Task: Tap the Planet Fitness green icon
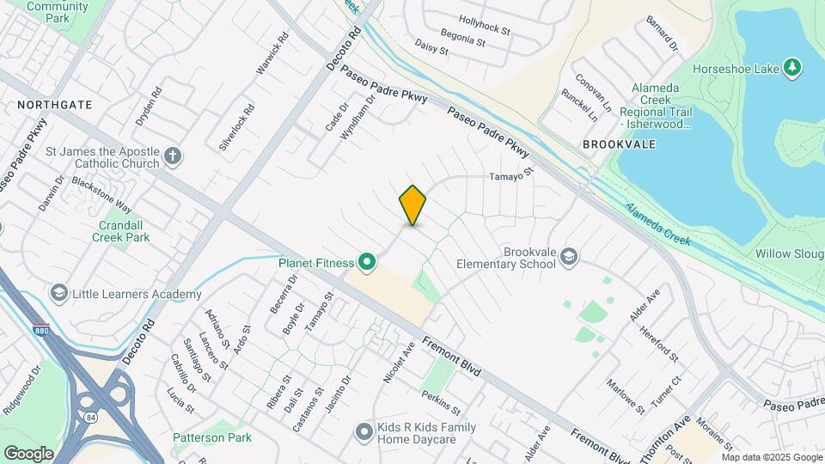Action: pos(367,261)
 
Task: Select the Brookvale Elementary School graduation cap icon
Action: pos(570,256)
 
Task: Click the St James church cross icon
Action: pos(173,156)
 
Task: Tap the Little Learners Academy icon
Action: pos(59,294)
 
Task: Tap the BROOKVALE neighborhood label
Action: pos(619,144)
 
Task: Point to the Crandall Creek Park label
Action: pos(112,230)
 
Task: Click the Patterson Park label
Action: pos(212,437)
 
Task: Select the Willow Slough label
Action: pos(790,253)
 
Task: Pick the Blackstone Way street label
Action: pos(102,195)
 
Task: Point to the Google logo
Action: pos(28,453)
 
